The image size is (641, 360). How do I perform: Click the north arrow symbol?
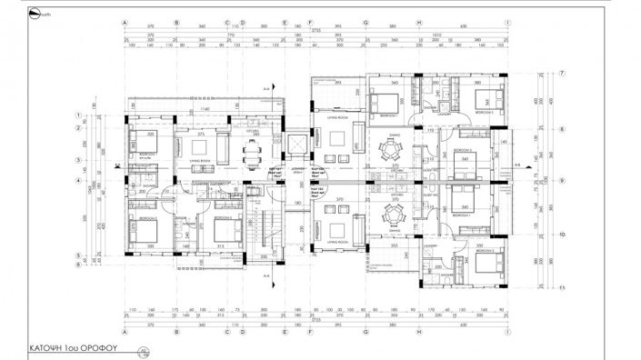(x=34, y=15)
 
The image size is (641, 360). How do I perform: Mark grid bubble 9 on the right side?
(x=563, y=181)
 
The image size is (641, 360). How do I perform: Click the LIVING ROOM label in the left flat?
(x=200, y=160)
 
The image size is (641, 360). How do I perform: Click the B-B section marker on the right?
(x=517, y=165)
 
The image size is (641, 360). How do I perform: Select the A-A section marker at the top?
(x=265, y=86)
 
